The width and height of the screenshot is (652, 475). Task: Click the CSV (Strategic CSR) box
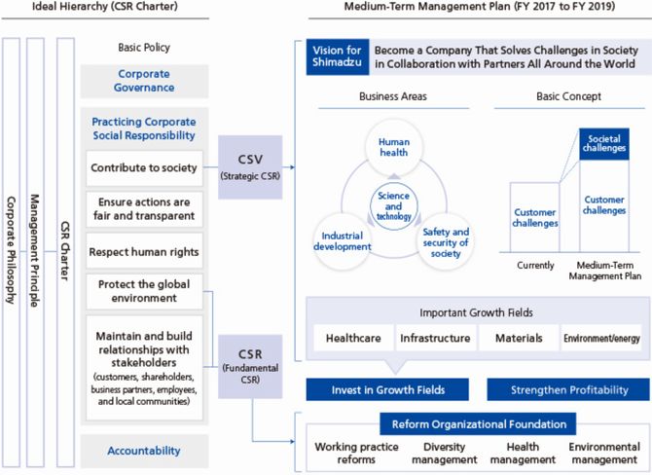coord(250,166)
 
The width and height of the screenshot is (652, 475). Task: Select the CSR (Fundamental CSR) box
coord(250,366)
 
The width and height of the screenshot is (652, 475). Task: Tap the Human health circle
coord(394,147)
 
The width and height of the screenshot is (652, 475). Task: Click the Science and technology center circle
coord(393,206)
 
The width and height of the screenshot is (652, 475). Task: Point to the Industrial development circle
coord(343,241)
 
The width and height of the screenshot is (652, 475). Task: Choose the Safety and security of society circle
coord(446,242)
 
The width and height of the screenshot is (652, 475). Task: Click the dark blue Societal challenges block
coord(604,144)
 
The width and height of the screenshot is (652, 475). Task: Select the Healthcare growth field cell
coord(353,338)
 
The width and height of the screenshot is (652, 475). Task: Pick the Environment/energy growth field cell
coord(601,338)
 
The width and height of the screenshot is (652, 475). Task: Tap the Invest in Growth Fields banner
coord(387,389)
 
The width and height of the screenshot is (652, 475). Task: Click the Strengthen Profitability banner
coord(568,389)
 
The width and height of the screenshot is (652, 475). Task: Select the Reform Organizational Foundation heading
coord(478,423)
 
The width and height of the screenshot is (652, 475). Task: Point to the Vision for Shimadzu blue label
coord(338,56)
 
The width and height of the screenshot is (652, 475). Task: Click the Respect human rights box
coord(144,251)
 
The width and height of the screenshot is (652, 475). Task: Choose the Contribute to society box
coord(144,167)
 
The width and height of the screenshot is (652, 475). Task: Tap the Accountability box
coord(144,451)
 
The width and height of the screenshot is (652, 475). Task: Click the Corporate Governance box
coord(144,81)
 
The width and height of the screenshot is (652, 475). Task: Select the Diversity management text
coord(444,453)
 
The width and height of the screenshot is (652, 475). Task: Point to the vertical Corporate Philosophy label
coord(12,251)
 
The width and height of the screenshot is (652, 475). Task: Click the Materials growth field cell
coord(519,338)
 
